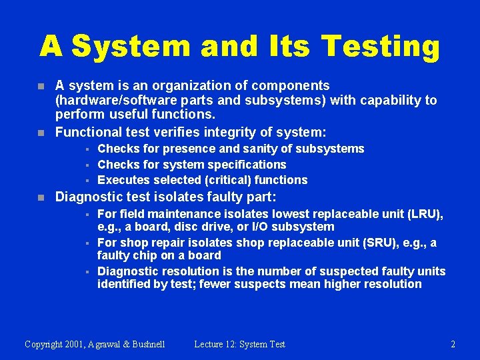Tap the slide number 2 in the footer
click(453, 345)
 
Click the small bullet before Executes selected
click(87, 181)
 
